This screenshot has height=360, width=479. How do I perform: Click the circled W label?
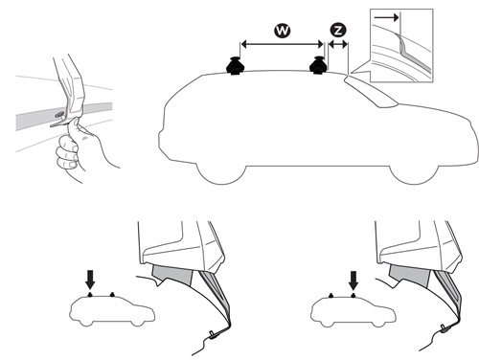pyautogui.click(x=283, y=31)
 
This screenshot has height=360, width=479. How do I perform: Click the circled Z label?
pyautogui.click(x=338, y=31)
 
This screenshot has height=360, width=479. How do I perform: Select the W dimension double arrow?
pyautogui.click(x=282, y=45)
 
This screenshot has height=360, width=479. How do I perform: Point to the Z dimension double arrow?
pyautogui.click(x=338, y=45)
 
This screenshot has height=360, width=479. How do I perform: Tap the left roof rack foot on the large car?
pyautogui.click(x=236, y=66)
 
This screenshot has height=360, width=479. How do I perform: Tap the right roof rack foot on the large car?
pyautogui.click(x=318, y=65)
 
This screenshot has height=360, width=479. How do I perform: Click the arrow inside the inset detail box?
pyautogui.click(x=387, y=17)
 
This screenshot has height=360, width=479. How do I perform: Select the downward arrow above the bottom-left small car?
pyautogui.click(x=90, y=280)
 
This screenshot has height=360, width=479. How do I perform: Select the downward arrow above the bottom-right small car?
pyautogui.click(x=354, y=281)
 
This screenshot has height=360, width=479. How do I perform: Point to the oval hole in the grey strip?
pyautogui.click(x=59, y=115)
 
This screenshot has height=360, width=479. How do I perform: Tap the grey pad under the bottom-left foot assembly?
pyautogui.click(x=172, y=275)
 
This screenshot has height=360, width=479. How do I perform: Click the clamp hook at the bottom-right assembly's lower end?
pyautogui.click(x=445, y=328)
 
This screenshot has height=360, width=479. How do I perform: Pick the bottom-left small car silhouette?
pyautogui.click(x=112, y=310)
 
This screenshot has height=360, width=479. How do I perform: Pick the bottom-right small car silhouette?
pyautogui.click(x=354, y=311)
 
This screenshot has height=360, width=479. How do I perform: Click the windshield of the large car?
pyautogui.click(x=371, y=92)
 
